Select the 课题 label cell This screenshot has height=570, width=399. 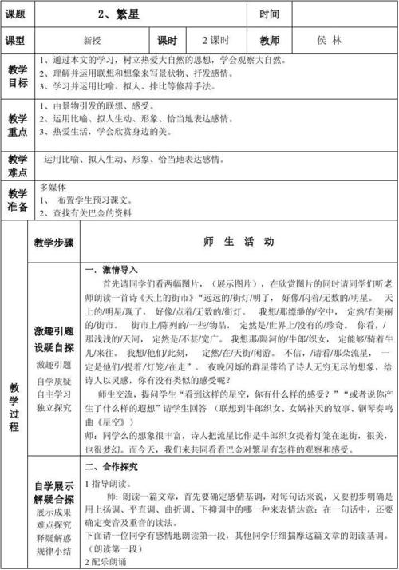point(17,14)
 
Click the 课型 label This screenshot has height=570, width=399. point(17,40)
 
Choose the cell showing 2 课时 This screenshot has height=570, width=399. point(215,40)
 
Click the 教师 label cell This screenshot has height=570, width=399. point(269,40)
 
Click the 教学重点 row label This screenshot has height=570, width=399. point(17,125)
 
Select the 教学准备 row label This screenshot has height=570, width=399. point(17,200)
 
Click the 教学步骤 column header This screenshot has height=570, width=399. point(54,242)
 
